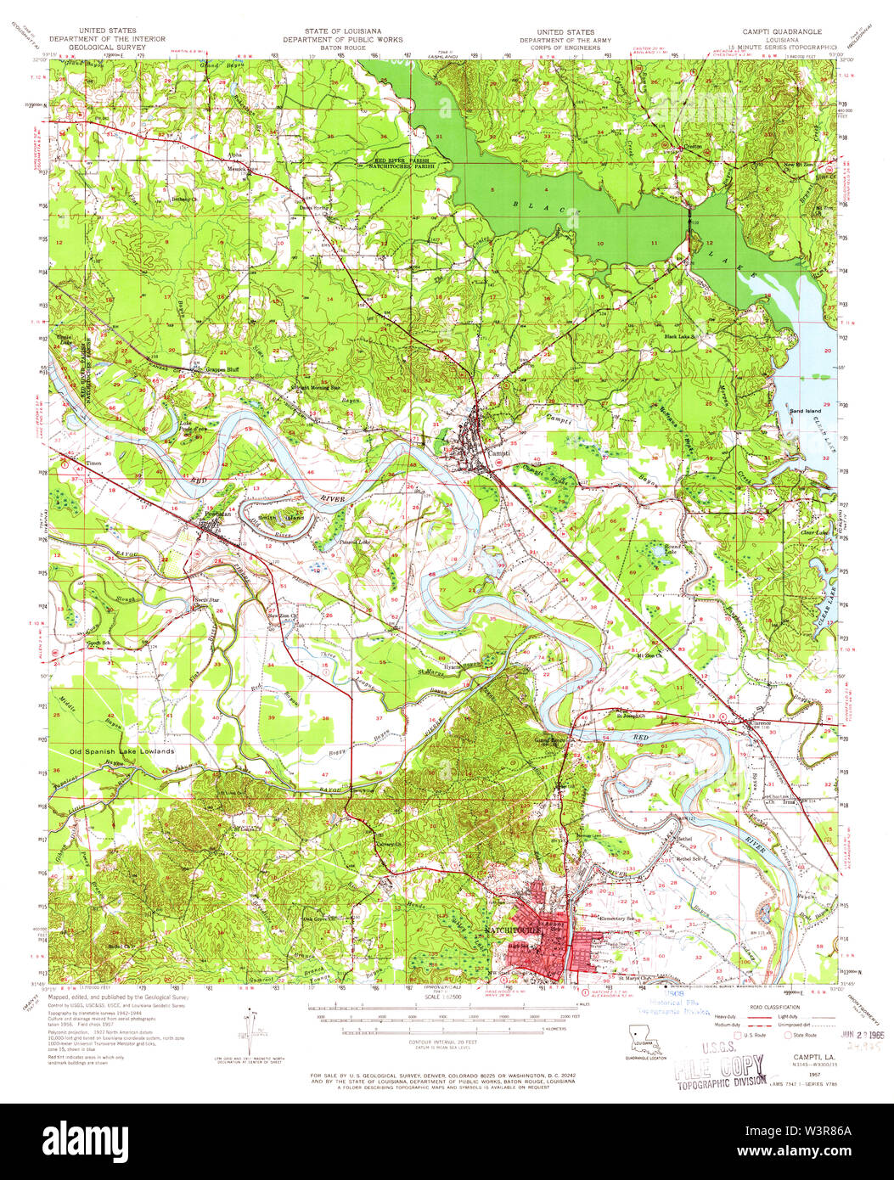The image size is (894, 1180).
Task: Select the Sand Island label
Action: point(806,411)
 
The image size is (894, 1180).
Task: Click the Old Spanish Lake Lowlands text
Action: point(122,751)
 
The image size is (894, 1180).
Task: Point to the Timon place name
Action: point(93,464)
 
